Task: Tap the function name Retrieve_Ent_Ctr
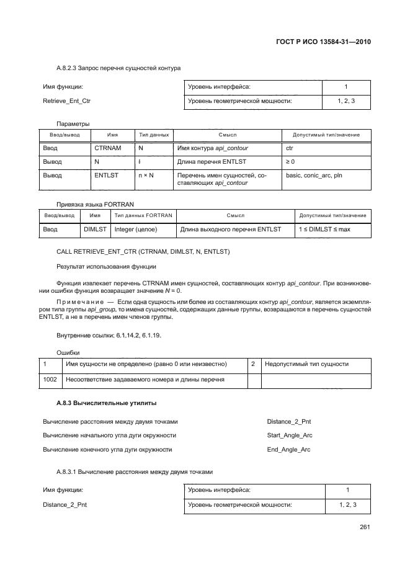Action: click(x=66, y=100)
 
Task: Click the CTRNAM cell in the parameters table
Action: click(x=107, y=149)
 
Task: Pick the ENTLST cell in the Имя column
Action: click(x=106, y=176)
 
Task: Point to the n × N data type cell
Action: click(x=146, y=176)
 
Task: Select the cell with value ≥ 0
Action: click(x=291, y=162)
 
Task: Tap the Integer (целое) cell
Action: click(x=136, y=230)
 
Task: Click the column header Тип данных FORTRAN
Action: click(x=143, y=215)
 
